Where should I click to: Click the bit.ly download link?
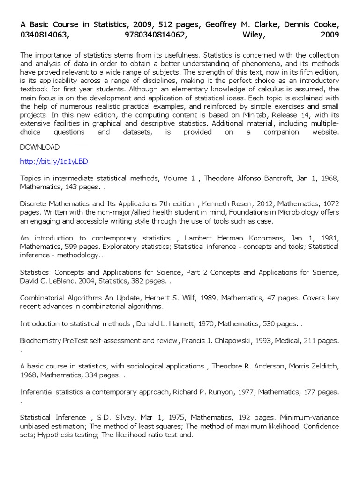(x=54, y=161)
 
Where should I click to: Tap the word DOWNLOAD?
(x=40, y=147)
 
